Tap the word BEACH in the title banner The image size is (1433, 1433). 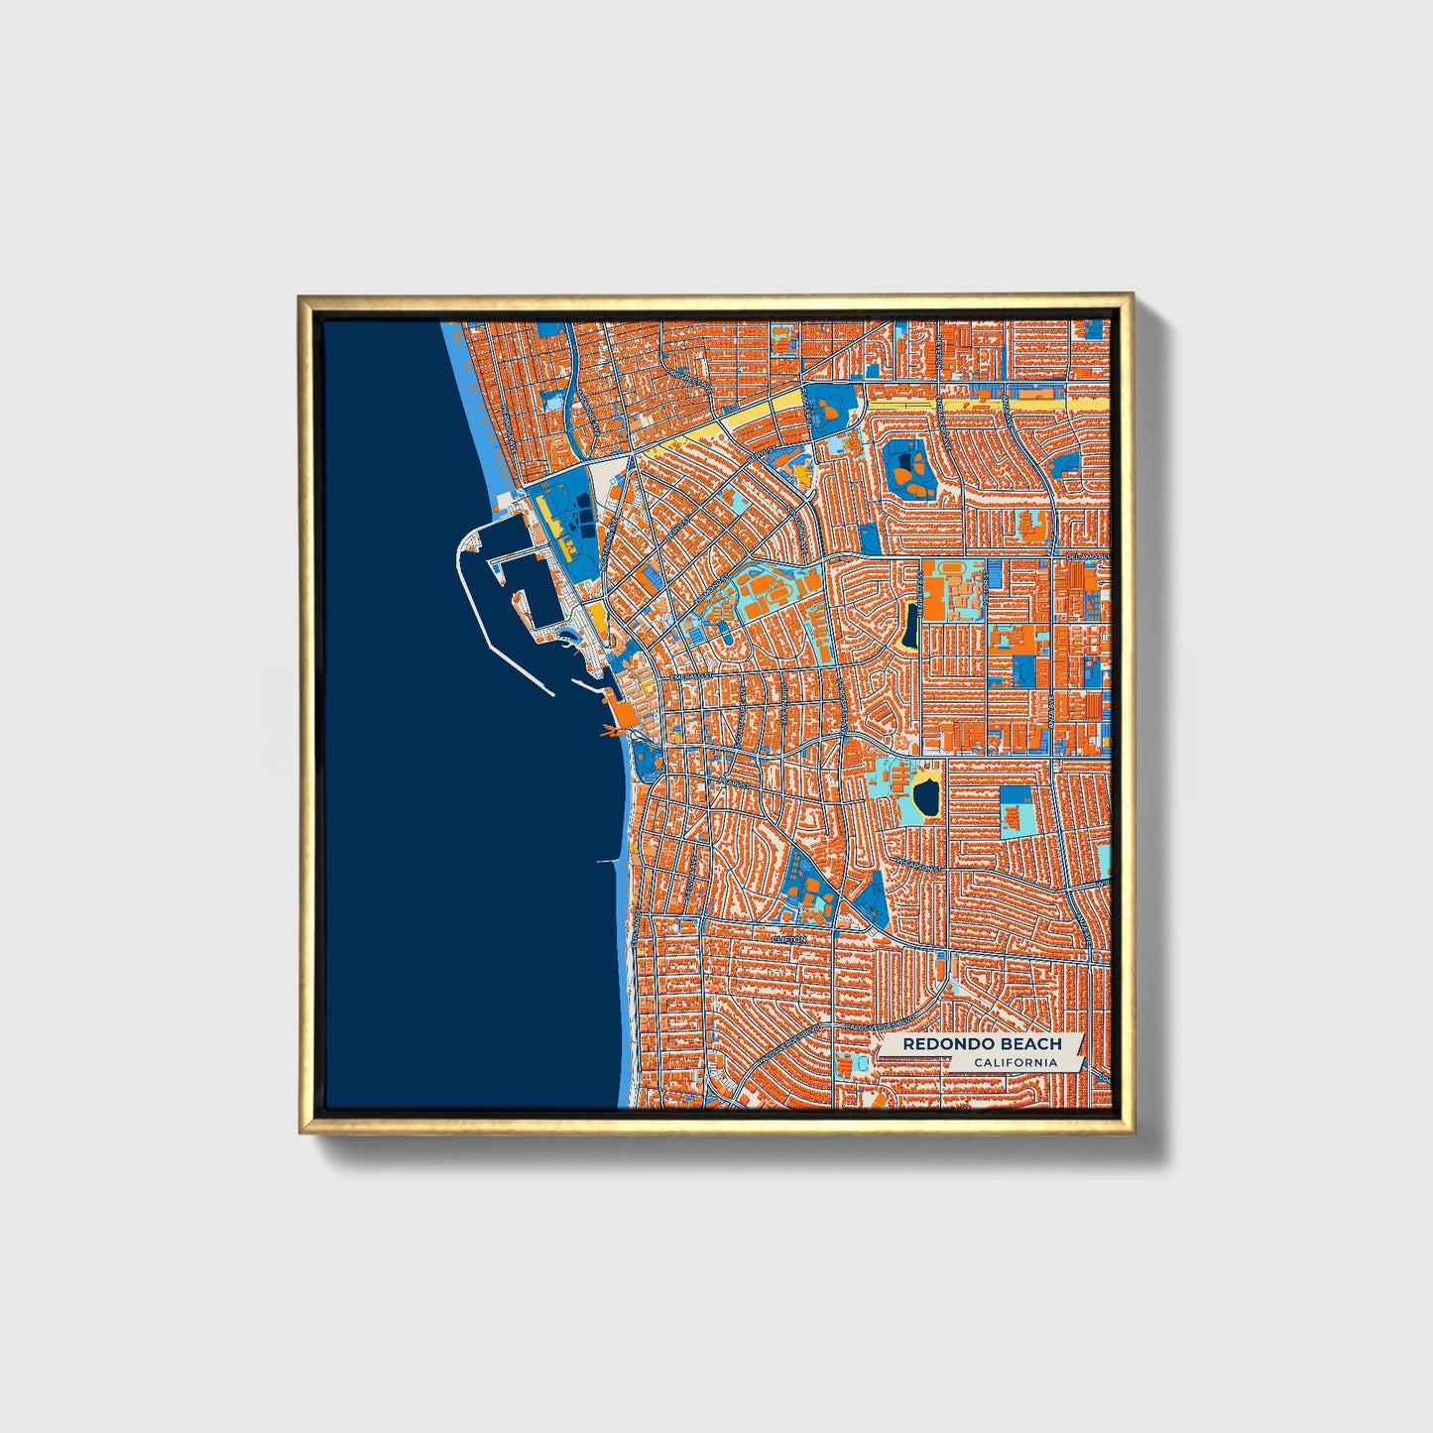(1029, 1044)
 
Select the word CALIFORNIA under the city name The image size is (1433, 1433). (1015, 1063)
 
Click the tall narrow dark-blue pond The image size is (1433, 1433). (910, 624)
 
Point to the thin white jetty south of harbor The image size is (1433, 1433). (608, 861)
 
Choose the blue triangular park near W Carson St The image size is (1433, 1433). (872, 896)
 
